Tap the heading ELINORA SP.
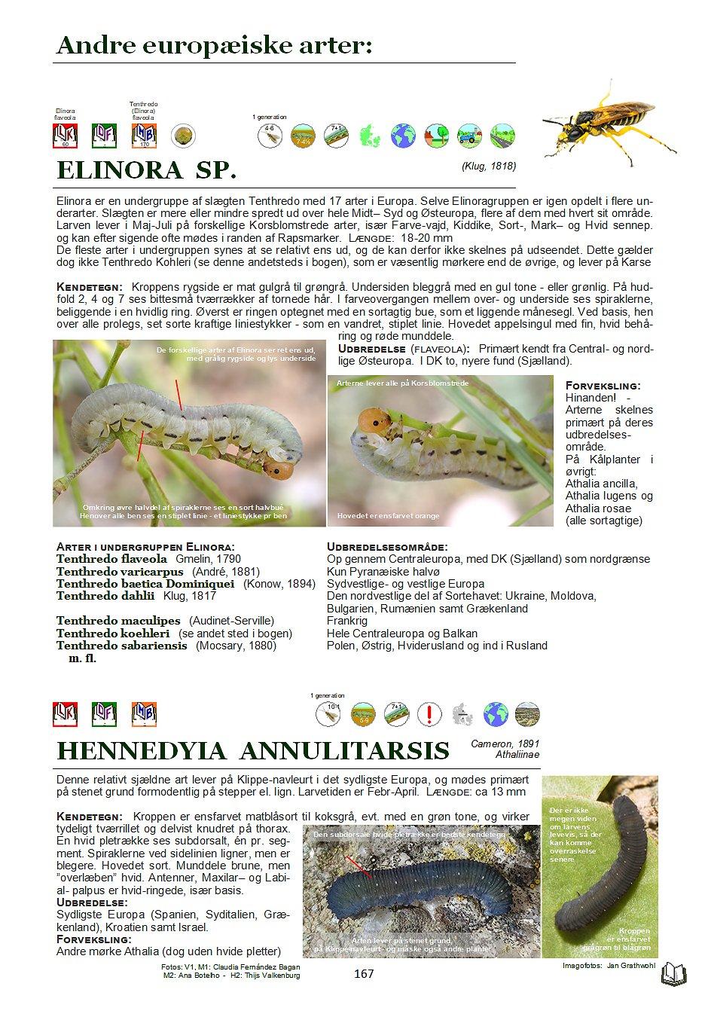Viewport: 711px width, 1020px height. coord(147,170)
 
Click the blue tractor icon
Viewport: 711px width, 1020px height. coord(469,136)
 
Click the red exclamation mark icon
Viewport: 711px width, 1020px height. coord(429,713)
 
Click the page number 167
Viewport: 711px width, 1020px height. coord(363,974)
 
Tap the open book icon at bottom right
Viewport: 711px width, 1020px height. coord(672,975)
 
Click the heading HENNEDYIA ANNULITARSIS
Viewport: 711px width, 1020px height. coord(253,750)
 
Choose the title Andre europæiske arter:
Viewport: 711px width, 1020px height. coord(215,46)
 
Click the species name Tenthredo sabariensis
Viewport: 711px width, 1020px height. coord(121,646)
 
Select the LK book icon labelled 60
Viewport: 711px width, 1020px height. coord(66,136)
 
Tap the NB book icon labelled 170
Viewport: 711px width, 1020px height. coord(143,136)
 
